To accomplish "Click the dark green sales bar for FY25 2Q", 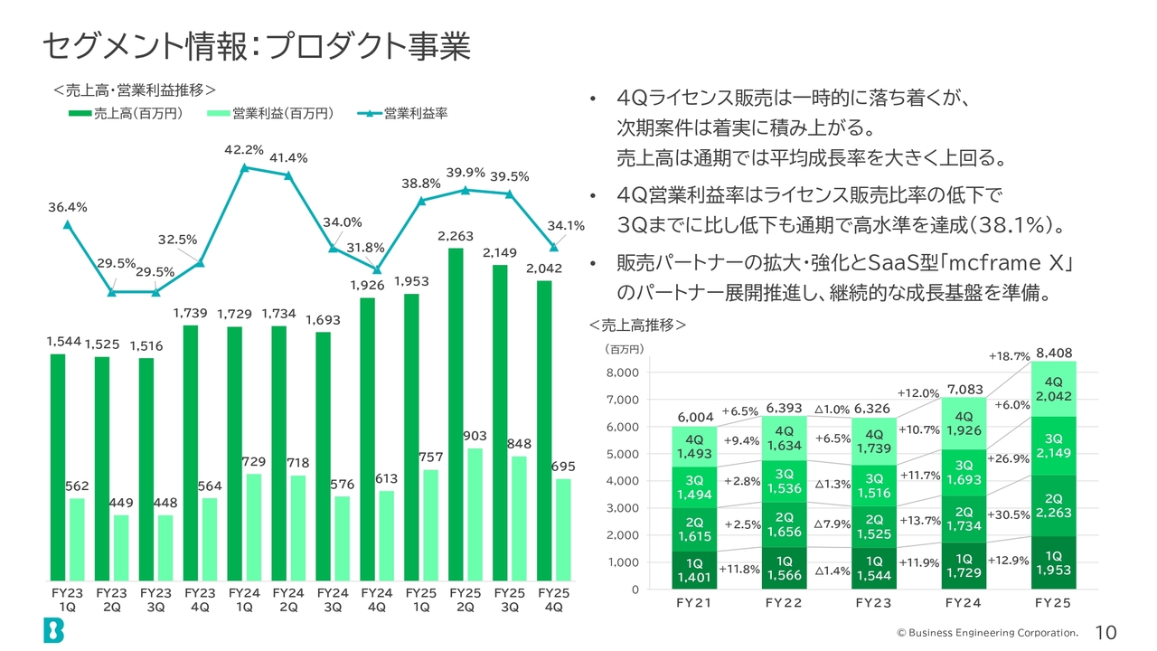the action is point(456,414).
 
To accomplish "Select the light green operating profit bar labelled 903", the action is point(475,514).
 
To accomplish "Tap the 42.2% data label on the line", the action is point(244,150).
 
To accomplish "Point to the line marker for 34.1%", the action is point(554,248).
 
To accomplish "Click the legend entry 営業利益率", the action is point(402,114).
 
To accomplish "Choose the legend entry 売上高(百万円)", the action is point(126,114).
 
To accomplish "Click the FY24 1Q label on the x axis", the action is point(244,599).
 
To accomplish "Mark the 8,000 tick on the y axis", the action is point(623,373).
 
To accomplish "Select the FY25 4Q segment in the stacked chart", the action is point(1054,389).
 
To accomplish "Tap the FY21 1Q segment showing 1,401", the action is point(694,570).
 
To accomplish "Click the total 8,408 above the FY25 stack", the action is point(1054,354).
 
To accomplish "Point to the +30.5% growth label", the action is point(1008,515).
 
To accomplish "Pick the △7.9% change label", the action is point(832,524).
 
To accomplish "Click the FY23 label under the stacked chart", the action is point(873,603).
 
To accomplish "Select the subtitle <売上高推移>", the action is point(638,325).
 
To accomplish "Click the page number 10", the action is point(1105,632).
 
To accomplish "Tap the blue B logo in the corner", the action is point(53,630).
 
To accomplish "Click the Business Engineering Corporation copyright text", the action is point(988,633).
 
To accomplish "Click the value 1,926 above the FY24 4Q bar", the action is point(367,285).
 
